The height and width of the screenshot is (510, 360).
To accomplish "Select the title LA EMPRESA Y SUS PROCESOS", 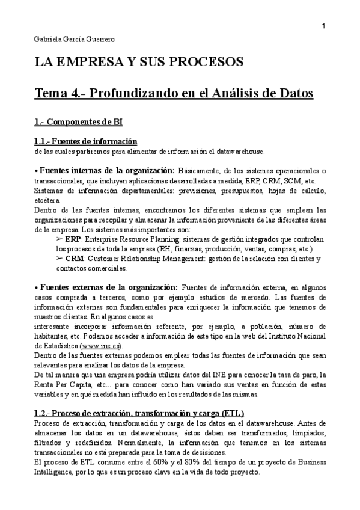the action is (139, 62).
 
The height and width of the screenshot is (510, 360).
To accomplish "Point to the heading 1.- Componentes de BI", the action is (78, 122).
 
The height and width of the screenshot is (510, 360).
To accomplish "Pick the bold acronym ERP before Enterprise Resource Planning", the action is (73, 239).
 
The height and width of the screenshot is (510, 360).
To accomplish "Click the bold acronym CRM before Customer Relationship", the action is (74, 259).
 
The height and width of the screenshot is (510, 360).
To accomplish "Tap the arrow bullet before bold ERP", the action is (59, 239).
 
